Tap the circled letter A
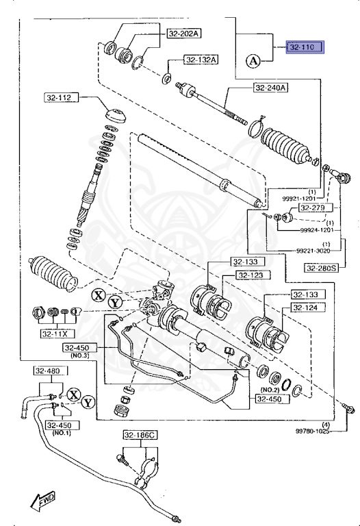[x=253, y=61]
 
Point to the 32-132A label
[x=201, y=60]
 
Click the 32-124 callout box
[x=307, y=308]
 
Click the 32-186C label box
[x=140, y=435]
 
